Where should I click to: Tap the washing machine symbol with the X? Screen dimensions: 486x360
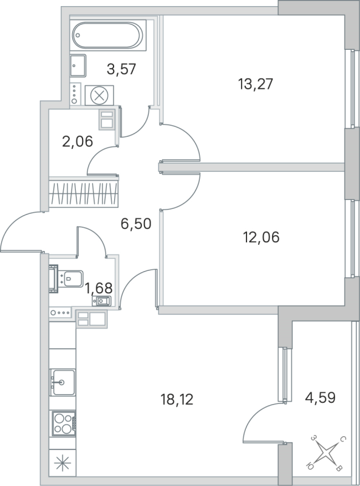pos(98,95)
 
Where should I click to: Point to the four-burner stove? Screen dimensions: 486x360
pos(62,422)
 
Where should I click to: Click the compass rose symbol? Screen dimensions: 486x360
pos(327,453)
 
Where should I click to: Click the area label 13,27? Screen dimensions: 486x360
pos(256,84)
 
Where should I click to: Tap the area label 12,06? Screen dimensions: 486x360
pos(260,237)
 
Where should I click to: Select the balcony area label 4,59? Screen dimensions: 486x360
pos(319,399)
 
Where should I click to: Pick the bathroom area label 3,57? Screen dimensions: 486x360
pos(120,69)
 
